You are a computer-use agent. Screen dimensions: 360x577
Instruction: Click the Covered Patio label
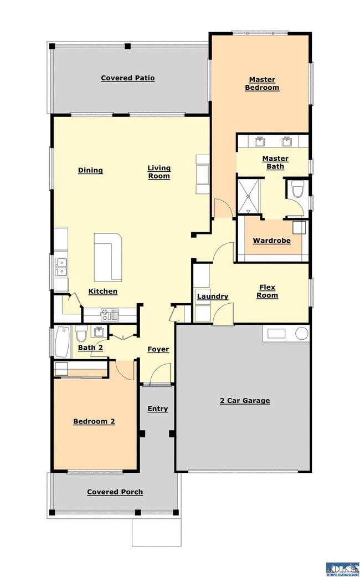[x=127, y=78]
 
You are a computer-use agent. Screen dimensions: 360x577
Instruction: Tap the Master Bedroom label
[x=262, y=84]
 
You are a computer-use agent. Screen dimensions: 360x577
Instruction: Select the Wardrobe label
[x=272, y=241]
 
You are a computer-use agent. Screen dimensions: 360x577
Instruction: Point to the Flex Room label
[x=268, y=292]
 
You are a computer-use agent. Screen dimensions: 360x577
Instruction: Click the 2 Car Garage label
[x=245, y=401]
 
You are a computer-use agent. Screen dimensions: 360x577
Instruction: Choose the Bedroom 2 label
[x=94, y=422]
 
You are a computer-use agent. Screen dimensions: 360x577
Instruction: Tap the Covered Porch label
[x=115, y=492]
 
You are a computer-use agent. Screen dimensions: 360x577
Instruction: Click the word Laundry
[x=213, y=296]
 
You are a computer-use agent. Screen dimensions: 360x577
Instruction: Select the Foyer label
[x=158, y=349]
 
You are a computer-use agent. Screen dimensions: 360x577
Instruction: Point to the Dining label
[x=90, y=170]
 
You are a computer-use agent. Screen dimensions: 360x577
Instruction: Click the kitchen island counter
[x=108, y=257]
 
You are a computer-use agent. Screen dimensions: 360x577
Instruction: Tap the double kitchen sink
[x=61, y=267]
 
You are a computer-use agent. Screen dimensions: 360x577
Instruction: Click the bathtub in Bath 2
[x=63, y=342]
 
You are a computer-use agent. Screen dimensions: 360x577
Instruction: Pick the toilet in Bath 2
[x=80, y=333]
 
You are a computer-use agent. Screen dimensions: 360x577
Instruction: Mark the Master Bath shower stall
[x=249, y=196]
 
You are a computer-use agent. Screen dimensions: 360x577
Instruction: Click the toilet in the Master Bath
[x=297, y=188]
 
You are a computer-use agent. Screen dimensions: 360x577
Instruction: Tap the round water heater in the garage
[x=302, y=333]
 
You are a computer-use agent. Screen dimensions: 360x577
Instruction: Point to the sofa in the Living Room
[x=203, y=175]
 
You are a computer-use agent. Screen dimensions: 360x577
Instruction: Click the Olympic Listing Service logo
[x=342, y=569]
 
